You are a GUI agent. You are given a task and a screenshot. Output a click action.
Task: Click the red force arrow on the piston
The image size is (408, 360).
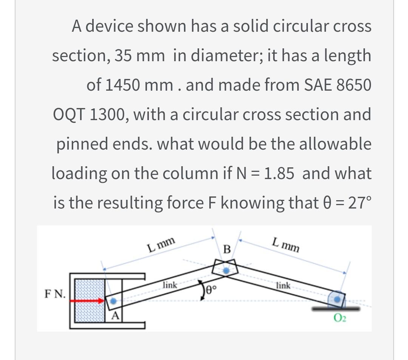[x=89, y=301]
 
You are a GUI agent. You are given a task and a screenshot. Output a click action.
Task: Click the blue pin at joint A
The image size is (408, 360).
[x=113, y=301]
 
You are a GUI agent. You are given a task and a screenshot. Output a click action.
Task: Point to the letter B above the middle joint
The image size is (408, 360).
[x=227, y=249]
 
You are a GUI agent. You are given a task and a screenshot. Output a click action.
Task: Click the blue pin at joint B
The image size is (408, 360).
[x=226, y=270]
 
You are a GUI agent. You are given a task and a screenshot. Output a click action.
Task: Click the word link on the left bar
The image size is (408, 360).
[x=169, y=285]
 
